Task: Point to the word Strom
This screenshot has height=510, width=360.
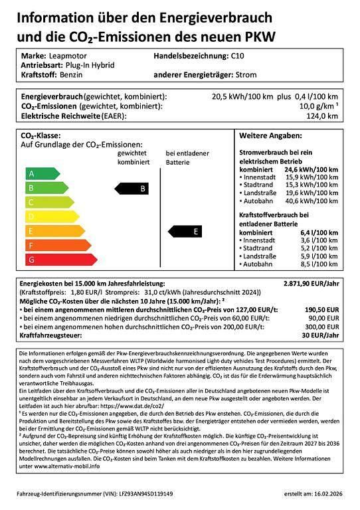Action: [x=245, y=75]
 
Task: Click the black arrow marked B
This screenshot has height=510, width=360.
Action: [x=133, y=189]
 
